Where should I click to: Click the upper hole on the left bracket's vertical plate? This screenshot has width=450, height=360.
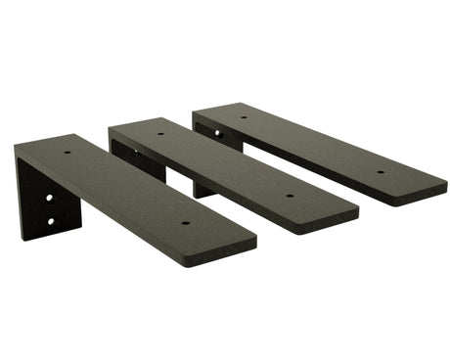click(49, 198)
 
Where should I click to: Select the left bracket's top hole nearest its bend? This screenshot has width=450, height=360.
click(67, 152)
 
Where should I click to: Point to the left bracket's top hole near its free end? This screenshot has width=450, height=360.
click(185, 222)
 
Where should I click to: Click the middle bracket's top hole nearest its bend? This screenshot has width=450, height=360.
click(160, 134)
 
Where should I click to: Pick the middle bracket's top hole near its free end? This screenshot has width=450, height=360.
click(290, 196)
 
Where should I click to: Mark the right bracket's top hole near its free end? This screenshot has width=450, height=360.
click(381, 172)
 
